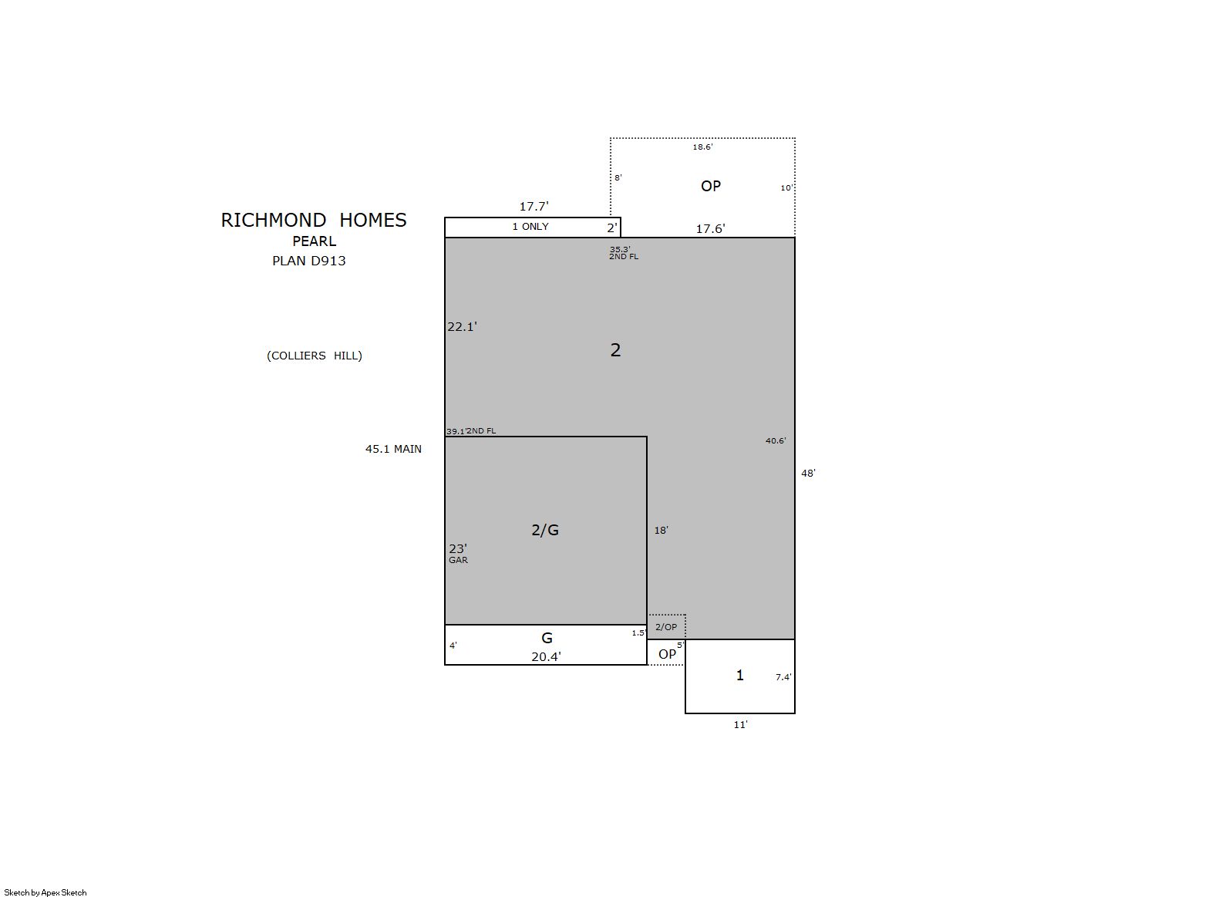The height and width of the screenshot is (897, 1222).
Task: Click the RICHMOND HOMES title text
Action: tap(314, 220)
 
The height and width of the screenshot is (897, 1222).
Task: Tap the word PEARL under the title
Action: tap(315, 241)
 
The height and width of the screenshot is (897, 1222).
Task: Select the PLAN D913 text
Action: tap(308, 261)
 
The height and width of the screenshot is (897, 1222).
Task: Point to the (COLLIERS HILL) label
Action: tap(315, 356)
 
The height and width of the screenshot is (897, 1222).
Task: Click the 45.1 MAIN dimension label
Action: tap(393, 449)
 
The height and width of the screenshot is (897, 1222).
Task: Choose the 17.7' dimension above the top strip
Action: tap(534, 206)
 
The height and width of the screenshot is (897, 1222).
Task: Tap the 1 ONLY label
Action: tap(530, 227)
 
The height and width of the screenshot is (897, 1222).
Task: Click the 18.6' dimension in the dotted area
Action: tap(702, 147)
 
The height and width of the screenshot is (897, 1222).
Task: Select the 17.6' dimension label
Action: tap(710, 228)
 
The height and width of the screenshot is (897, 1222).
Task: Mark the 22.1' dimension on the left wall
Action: tap(462, 327)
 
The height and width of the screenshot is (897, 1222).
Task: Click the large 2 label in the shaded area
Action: tap(615, 349)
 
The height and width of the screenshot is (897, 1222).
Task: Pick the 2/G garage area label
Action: tap(545, 530)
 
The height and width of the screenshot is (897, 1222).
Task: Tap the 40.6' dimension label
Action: tap(776, 441)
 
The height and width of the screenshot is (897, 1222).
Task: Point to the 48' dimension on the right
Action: tap(808, 474)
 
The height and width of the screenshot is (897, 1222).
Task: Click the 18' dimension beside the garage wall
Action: tap(661, 531)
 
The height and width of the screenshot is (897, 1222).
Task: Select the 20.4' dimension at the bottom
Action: tap(546, 657)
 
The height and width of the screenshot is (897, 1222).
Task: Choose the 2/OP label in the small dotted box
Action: tap(666, 628)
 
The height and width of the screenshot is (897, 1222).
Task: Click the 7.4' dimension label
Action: tap(783, 677)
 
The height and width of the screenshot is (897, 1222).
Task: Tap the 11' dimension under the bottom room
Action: tap(740, 724)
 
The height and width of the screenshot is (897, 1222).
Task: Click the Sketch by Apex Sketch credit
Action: tap(45, 892)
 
